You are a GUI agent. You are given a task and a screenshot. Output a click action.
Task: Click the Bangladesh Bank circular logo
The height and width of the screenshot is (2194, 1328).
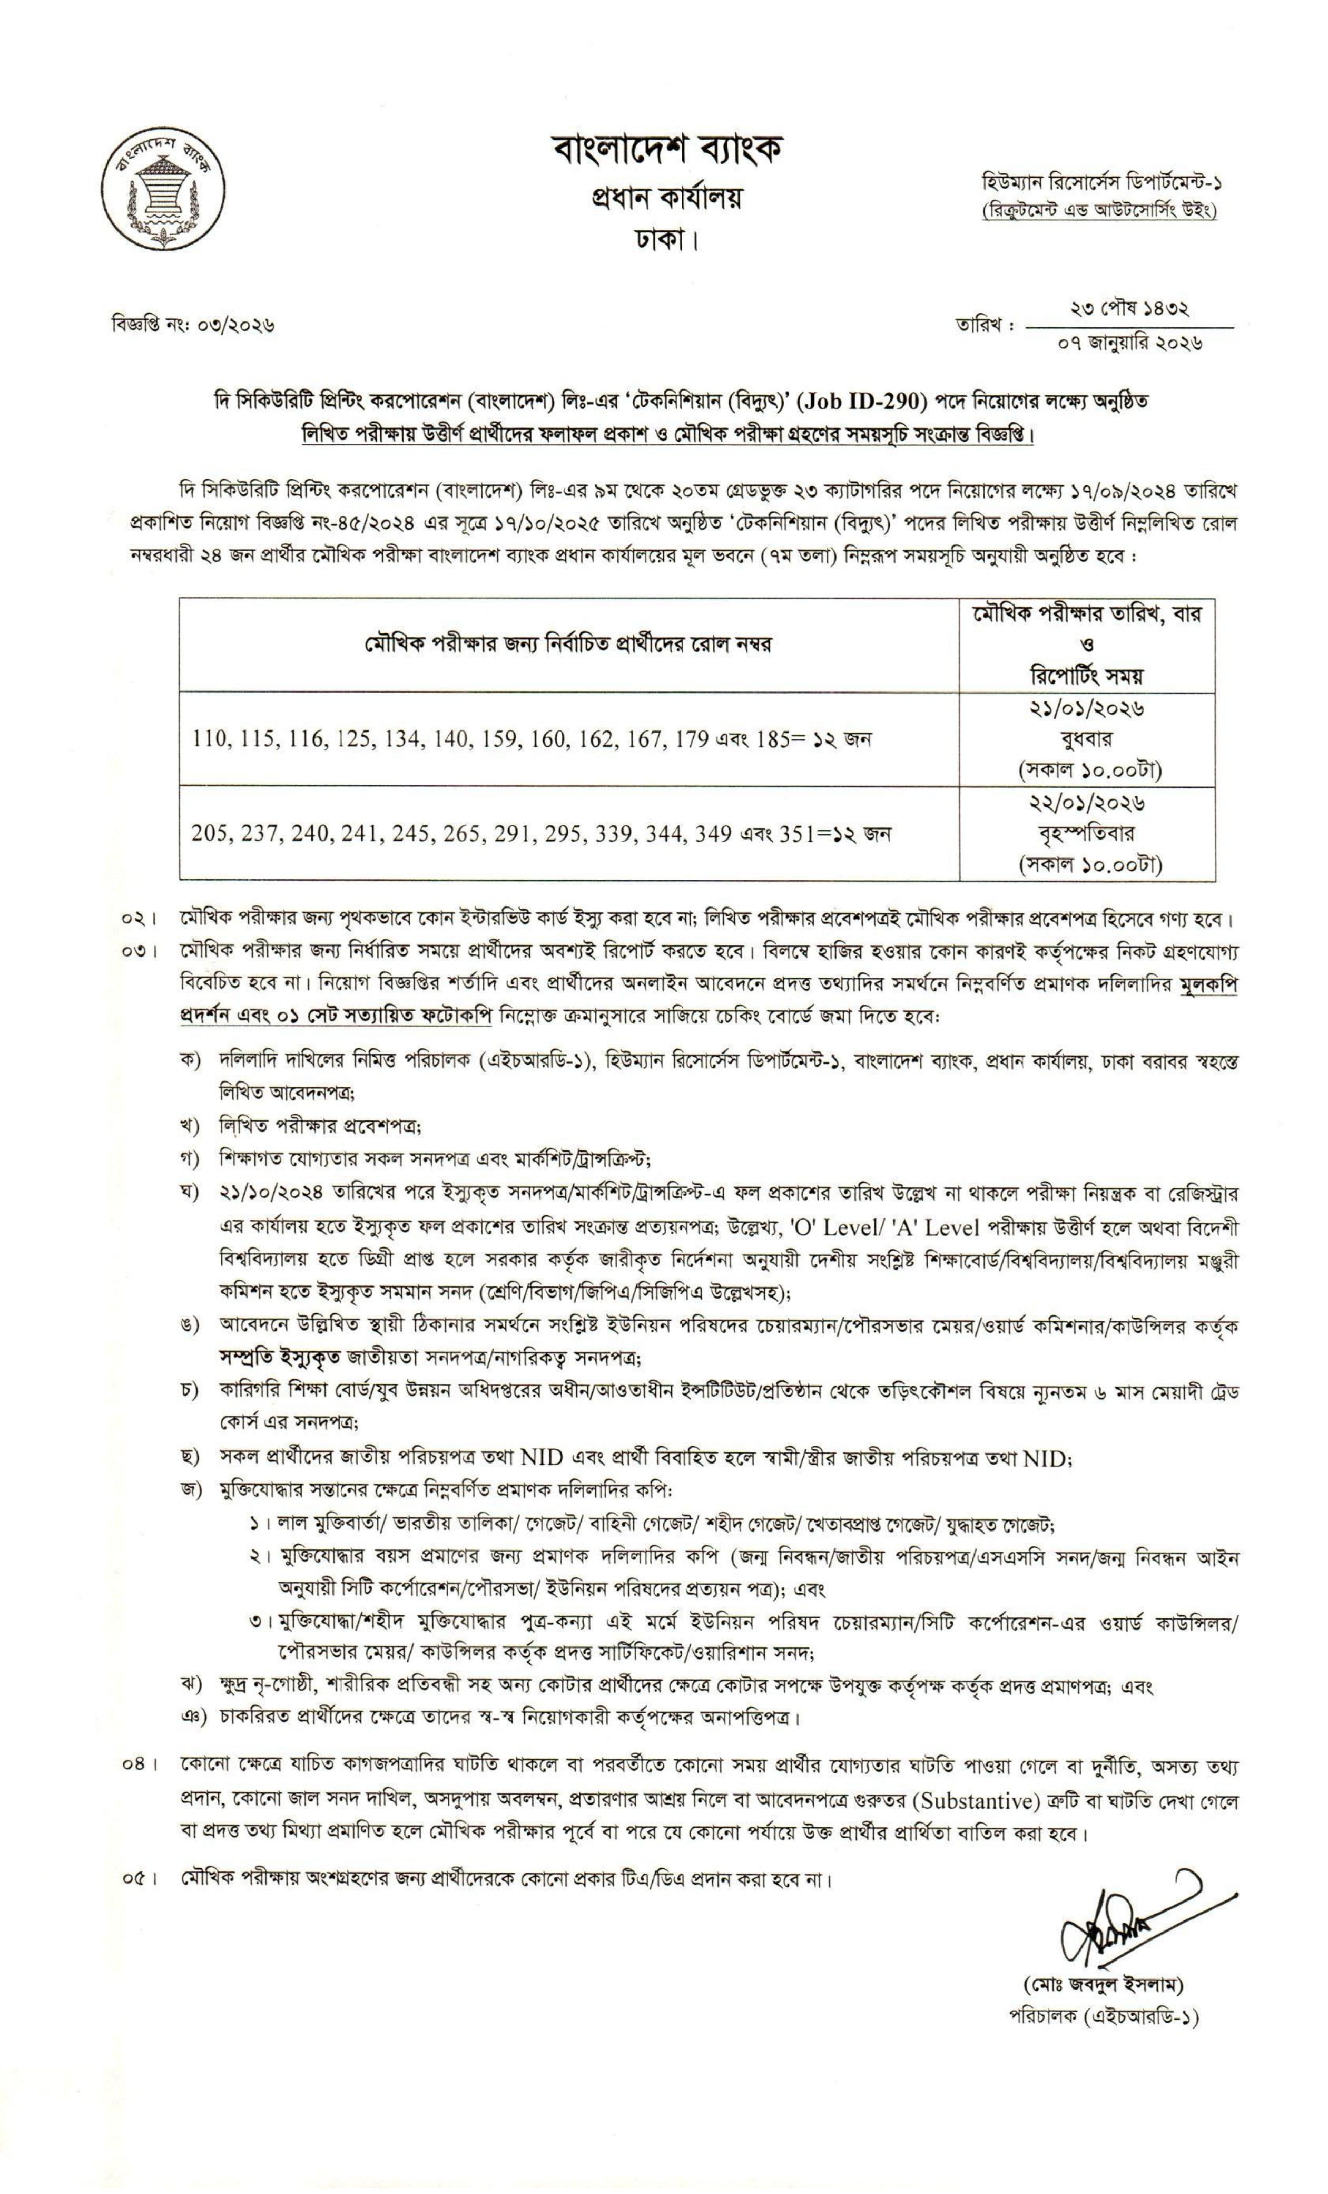coord(163,186)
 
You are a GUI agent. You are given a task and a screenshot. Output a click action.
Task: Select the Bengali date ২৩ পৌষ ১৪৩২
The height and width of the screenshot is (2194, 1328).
coord(1129,309)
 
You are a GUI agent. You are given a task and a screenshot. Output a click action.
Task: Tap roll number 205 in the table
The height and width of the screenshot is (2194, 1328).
coord(209,833)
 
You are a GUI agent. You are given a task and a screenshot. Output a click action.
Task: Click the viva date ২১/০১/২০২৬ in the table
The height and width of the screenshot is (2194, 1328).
coord(1086,710)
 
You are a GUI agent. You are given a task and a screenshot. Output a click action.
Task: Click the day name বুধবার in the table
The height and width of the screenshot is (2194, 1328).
coord(1086,739)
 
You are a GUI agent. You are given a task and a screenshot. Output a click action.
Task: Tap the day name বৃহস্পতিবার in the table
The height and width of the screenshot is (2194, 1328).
coord(1086,833)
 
